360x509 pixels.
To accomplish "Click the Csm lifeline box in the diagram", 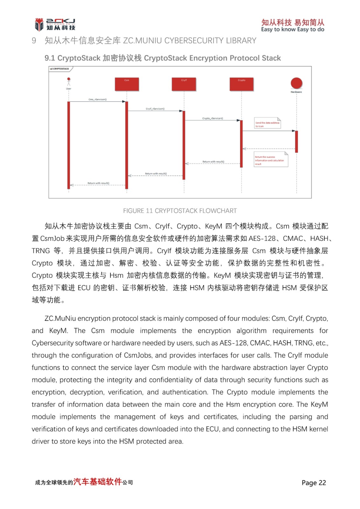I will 127,84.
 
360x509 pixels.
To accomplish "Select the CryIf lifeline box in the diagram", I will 184,84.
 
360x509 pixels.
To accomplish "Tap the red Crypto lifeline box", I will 242,84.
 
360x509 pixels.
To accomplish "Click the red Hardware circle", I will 296,83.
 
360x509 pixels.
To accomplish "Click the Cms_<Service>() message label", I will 97,100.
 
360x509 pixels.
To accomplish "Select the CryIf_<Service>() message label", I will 155,109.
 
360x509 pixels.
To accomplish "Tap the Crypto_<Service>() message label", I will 213,118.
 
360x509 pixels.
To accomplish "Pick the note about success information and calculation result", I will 271,160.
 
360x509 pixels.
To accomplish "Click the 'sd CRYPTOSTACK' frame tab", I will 60,69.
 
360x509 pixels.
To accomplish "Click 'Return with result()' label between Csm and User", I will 98,183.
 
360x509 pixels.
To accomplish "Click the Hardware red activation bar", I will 296,142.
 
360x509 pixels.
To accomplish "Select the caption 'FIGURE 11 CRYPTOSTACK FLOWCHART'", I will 180,211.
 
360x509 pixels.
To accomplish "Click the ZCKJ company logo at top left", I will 55,24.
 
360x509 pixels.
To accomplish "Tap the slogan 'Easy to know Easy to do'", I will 293,30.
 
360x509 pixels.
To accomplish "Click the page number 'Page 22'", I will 314,483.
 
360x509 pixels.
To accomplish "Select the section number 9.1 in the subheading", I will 50,58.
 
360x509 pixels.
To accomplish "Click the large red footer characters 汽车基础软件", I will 98,482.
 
